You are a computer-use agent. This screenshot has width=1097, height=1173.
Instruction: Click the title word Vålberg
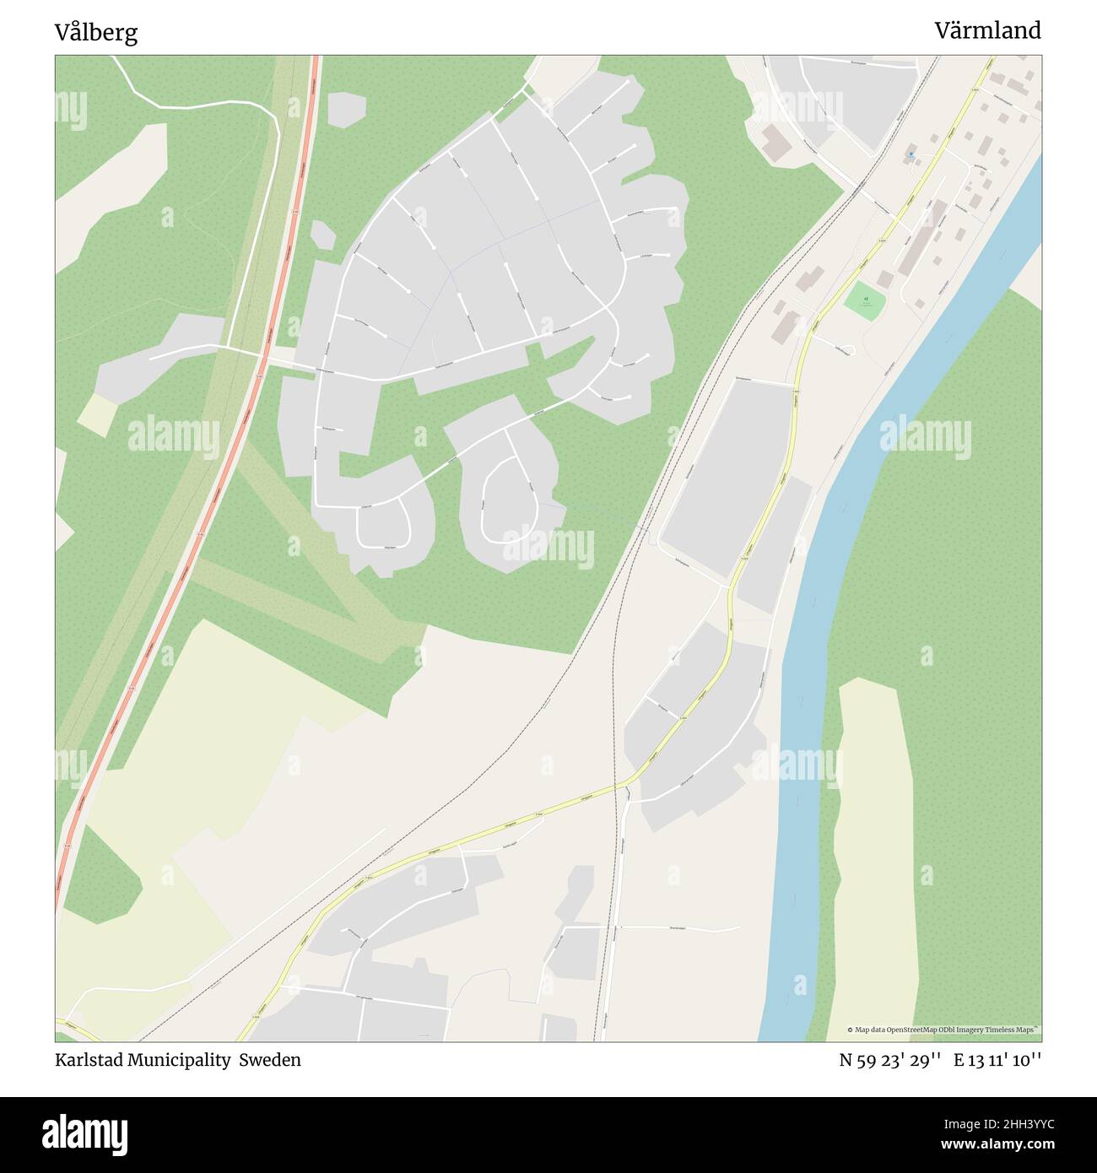tap(96, 33)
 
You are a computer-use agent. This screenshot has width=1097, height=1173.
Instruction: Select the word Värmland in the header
tap(987, 30)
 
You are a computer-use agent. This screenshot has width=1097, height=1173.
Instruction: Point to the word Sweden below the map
tap(269, 1060)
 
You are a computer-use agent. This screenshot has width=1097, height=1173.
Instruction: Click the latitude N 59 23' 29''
tap(889, 1060)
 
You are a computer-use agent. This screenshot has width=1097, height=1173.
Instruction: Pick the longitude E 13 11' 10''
tap(997, 1060)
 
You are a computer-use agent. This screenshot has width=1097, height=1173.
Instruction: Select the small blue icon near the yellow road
tap(911, 154)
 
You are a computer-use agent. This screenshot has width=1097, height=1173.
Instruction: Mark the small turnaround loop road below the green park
tap(844, 349)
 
